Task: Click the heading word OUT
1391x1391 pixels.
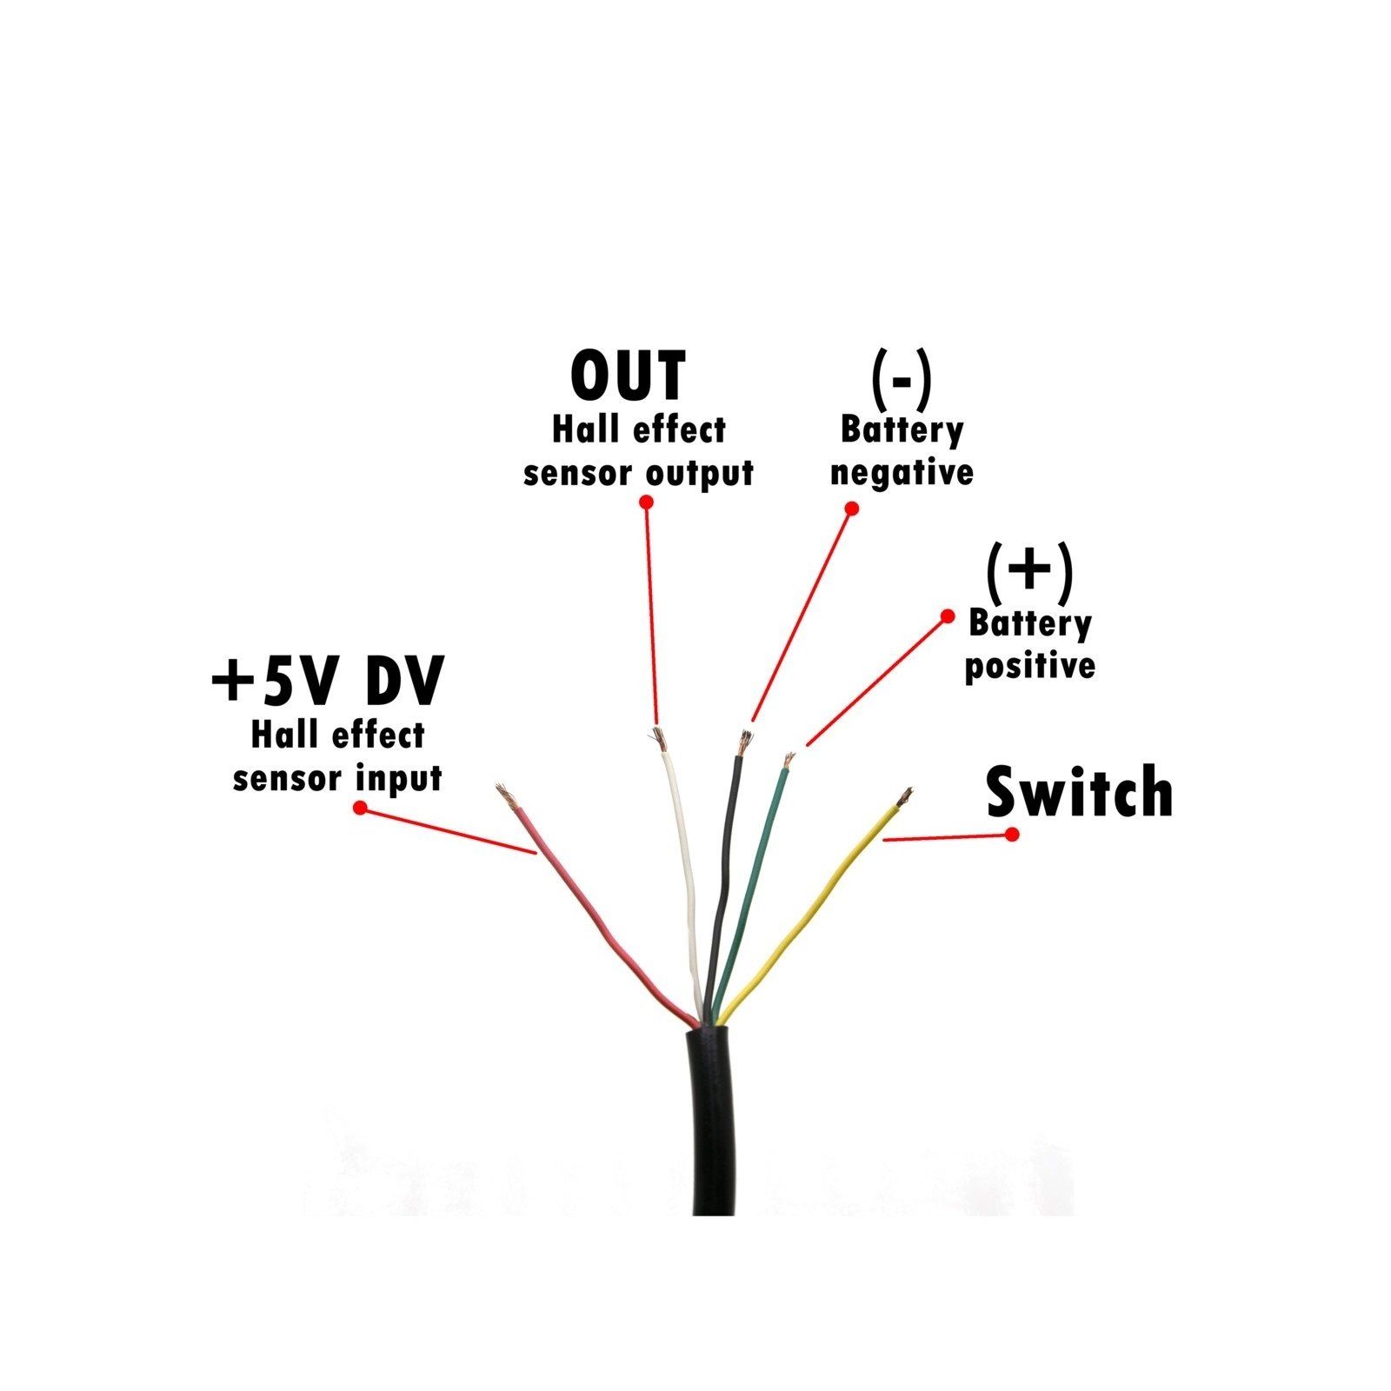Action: click(628, 376)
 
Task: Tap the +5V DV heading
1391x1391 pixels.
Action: click(327, 681)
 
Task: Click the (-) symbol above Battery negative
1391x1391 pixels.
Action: click(901, 380)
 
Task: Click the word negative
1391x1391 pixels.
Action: click(902, 474)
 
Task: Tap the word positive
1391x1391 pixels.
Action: click(1029, 667)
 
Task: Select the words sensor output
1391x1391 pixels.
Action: click(638, 474)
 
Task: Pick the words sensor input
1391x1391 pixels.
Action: click(337, 778)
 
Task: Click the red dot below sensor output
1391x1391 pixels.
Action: click(646, 502)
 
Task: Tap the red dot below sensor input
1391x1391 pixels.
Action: click(360, 808)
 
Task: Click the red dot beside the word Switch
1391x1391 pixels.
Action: click(1012, 834)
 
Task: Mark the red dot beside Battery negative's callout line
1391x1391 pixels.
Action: click(852, 508)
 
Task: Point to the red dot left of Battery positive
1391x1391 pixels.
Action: click(948, 616)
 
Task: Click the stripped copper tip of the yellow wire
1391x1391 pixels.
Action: click(905, 795)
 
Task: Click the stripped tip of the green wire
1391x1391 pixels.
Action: click(789, 761)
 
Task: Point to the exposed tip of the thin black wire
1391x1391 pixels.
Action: click(745, 742)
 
